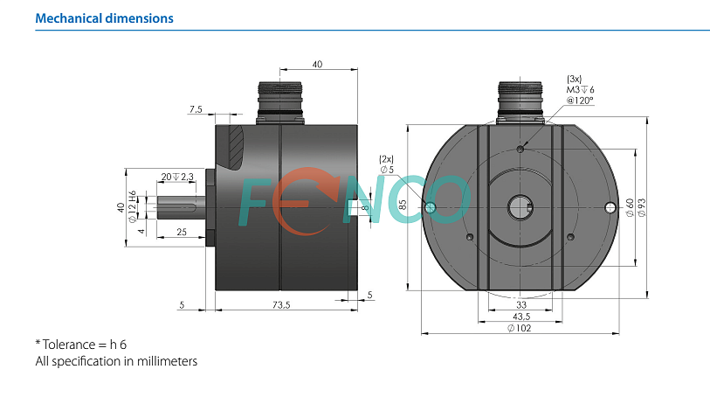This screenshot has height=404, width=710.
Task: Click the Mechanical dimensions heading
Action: tap(104, 18)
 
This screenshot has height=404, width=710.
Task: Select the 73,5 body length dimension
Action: tap(281, 305)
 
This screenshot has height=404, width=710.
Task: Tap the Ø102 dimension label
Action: tap(520, 328)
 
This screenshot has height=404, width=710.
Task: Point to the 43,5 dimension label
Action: tap(521, 317)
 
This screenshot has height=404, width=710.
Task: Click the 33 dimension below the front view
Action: tap(521, 304)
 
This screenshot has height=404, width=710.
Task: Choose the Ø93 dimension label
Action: tap(642, 207)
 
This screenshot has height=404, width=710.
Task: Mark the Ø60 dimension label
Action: tap(630, 207)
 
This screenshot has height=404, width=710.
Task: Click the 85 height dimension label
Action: tap(403, 205)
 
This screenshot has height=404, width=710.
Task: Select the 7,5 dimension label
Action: tap(196, 109)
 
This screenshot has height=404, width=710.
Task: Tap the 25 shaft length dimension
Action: tap(182, 232)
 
